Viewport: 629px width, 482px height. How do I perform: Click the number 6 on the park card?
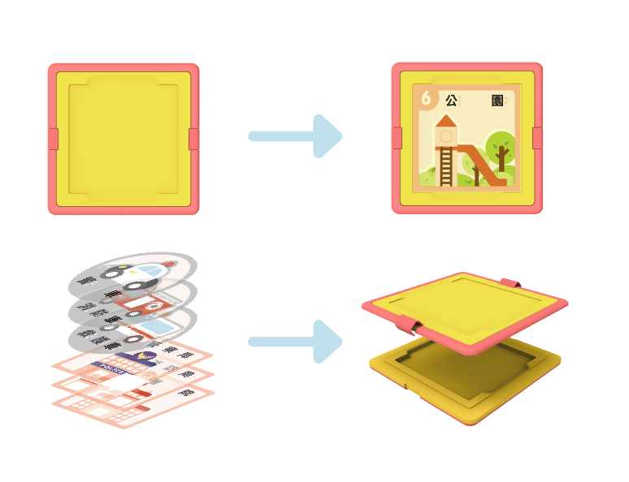[x=425, y=97]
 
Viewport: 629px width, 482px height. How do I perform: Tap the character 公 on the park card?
[x=451, y=100]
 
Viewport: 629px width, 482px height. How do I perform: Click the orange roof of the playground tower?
[x=446, y=121]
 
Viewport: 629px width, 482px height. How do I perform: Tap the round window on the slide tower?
[x=446, y=136]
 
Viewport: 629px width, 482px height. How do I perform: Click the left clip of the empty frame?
[x=53, y=139]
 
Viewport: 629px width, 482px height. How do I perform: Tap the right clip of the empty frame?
[x=194, y=139]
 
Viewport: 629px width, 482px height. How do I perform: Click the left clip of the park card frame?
[x=397, y=139]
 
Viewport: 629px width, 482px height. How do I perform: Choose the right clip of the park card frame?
[x=538, y=139]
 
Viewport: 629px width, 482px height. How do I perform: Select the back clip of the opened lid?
[x=510, y=282]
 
